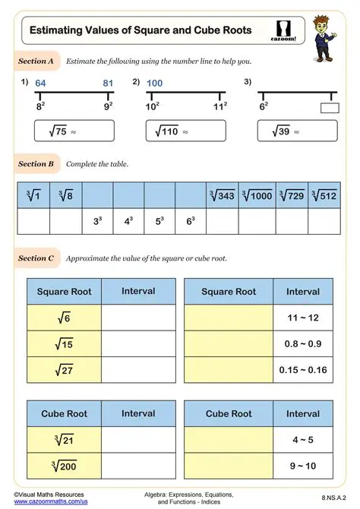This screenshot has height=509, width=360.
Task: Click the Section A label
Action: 36,60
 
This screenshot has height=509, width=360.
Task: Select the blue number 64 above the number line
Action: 41,83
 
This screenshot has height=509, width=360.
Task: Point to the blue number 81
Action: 107,83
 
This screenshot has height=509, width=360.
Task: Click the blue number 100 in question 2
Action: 155,83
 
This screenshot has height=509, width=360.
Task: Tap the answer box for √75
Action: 75,131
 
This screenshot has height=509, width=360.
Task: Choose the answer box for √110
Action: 185,131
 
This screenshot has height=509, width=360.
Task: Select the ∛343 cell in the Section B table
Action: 223,196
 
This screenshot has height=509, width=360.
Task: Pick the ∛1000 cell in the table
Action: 257,196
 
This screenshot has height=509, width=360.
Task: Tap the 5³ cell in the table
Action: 159,222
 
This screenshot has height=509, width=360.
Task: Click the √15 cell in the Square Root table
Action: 64,343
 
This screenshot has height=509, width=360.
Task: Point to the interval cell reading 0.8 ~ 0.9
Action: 302,343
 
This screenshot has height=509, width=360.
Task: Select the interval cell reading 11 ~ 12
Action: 302,318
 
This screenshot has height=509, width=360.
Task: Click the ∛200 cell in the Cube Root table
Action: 64,466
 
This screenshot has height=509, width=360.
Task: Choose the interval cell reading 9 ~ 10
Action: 302,466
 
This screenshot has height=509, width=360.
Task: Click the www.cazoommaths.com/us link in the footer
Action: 46,502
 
